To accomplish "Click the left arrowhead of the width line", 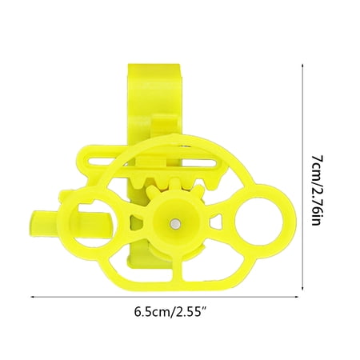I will [34, 297].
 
